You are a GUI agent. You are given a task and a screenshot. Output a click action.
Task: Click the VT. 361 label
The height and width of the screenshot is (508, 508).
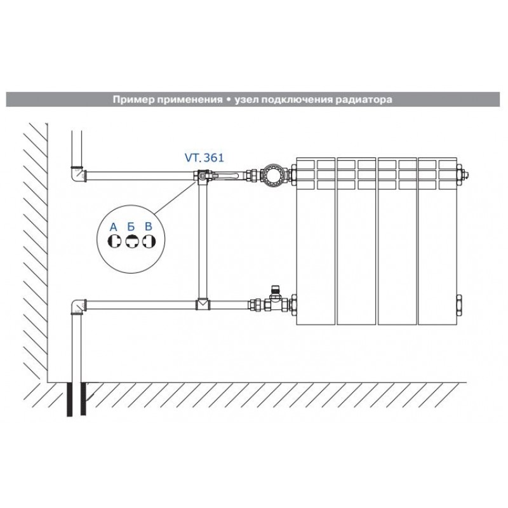[x=204, y=157]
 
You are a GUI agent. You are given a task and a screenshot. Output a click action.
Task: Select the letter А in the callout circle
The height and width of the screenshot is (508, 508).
[x=114, y=227]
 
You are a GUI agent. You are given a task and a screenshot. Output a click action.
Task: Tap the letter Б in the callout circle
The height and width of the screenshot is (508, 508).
[x=131, y=227]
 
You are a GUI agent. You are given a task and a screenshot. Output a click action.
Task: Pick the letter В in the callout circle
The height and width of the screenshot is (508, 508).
[x=149, y=226]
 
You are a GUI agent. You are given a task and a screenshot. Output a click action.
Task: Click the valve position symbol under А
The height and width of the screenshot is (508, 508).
[x=114, y=241]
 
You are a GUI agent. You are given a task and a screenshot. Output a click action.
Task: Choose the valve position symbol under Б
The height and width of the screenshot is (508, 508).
[x=131, y=241]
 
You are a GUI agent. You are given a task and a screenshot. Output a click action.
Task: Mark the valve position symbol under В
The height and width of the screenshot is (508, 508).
[x=149, y=241]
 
